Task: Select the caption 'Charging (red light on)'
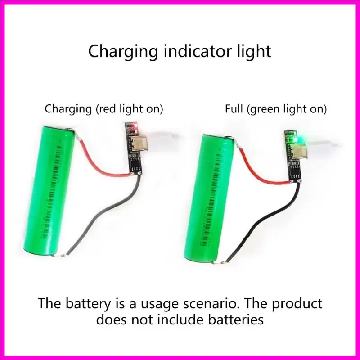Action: coord(103,109)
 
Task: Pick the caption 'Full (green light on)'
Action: coord(276,109)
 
